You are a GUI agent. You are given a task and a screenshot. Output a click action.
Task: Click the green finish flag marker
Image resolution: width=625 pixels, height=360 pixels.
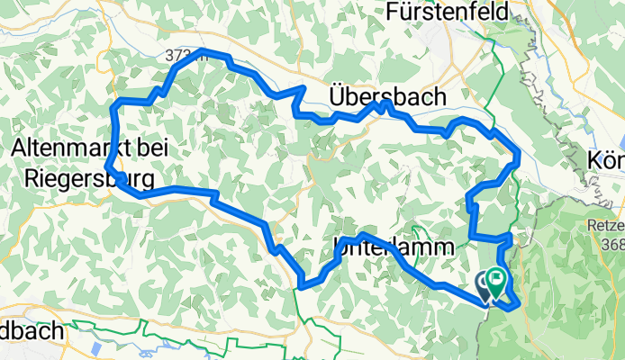pyautogui.click(x=496, y=285)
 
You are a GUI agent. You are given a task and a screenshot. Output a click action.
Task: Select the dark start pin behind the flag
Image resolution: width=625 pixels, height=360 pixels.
pyautogui.click(x=484, y=287)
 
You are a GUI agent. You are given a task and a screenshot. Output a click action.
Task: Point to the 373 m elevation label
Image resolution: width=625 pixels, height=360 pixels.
pyautogui.click(x=181, y=56)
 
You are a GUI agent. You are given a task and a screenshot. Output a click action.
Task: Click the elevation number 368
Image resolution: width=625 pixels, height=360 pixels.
pyautogui.click(x=613, y=244)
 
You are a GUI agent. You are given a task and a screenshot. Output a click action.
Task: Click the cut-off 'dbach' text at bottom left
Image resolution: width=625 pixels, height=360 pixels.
pyautogui.click(x=32, y=331)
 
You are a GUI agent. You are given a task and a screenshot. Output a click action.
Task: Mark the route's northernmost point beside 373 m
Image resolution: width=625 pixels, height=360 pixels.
pyautogui.click(x=204, y=51)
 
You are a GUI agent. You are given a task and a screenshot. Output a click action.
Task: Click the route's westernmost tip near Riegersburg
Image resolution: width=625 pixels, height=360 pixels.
pyautogui.click(x=107, y=167)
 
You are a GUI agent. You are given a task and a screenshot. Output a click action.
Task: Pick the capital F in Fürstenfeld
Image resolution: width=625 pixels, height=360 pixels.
pyautogui.click(x=394, y=12)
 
